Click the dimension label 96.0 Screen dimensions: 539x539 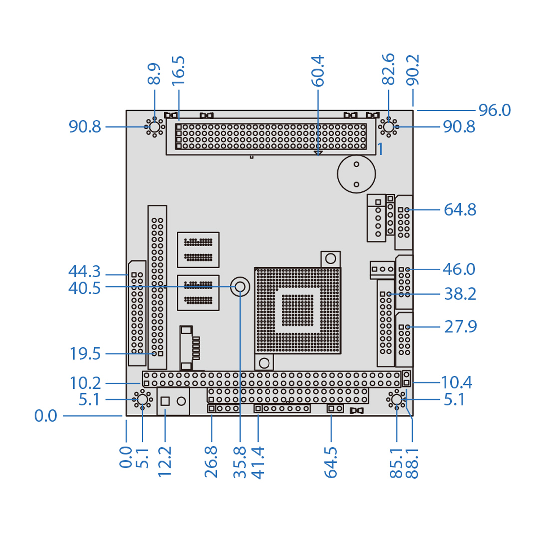click(494, 110)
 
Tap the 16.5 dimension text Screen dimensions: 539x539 click(178, 71)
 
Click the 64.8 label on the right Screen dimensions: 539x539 click(460, 209)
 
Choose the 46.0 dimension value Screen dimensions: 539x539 click(459, 269)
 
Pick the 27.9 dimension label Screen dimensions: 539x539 click(460, 327)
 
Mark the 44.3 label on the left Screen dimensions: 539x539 click(85, 272)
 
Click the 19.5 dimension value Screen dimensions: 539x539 click(85, 354)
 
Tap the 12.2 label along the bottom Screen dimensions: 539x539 click(165, 462)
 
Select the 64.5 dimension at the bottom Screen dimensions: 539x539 click(331, 462)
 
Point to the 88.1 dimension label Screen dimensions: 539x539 click(412, 462)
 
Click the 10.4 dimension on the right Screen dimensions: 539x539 click(457, 383)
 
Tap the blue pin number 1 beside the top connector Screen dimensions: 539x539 click(380, 149)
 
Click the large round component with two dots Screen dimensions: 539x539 click(356, 174)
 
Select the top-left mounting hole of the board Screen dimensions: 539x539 click(154, 127)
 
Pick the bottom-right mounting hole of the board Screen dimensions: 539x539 click(397, 400)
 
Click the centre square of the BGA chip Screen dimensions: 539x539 click(298, 310)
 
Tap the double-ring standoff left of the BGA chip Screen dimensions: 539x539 click(240, 287)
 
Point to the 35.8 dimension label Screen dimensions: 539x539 click(240, 462)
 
